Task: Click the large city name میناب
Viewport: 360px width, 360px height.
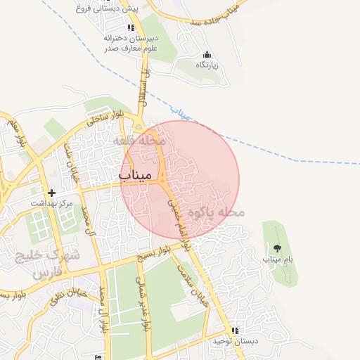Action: point(140,174)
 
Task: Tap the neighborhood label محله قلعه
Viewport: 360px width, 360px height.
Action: point(143,141)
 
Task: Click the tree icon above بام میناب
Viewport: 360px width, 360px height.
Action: point(276,247)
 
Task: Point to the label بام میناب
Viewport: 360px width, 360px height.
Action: point(276,259)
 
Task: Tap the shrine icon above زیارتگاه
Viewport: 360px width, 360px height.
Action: point(207,54)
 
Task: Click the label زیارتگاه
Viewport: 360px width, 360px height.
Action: point(207,65)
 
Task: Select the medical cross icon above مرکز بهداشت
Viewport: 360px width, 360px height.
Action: point(51,192)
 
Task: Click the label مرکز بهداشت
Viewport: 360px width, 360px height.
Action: point(51,203)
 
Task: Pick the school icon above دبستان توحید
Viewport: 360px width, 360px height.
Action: point(235,330)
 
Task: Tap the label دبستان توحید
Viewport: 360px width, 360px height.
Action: point(235,341)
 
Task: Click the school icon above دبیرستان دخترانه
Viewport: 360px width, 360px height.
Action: point(130,27)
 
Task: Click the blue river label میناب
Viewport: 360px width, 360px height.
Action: point(181,111)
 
